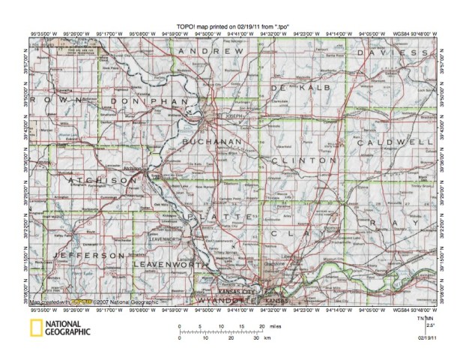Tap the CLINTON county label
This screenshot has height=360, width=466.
tap(305, 160)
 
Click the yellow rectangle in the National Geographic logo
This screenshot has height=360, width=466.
tap(36, 328)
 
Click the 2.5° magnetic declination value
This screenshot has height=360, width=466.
tap(430, 325)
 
